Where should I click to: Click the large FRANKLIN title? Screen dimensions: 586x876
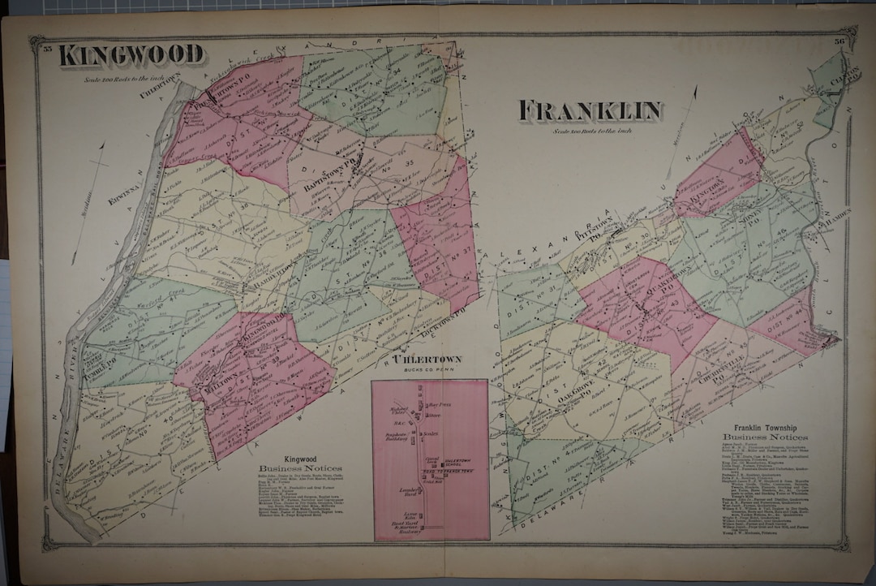pyautogui.click(x=590, y=111)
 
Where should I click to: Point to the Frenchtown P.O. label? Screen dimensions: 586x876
pyautogui.click(x=192, y=105)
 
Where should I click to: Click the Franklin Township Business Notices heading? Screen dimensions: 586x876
pyautogui.click(x=765, y=432)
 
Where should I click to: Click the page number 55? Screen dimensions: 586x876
pyautogui.click(x=48, y=50)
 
